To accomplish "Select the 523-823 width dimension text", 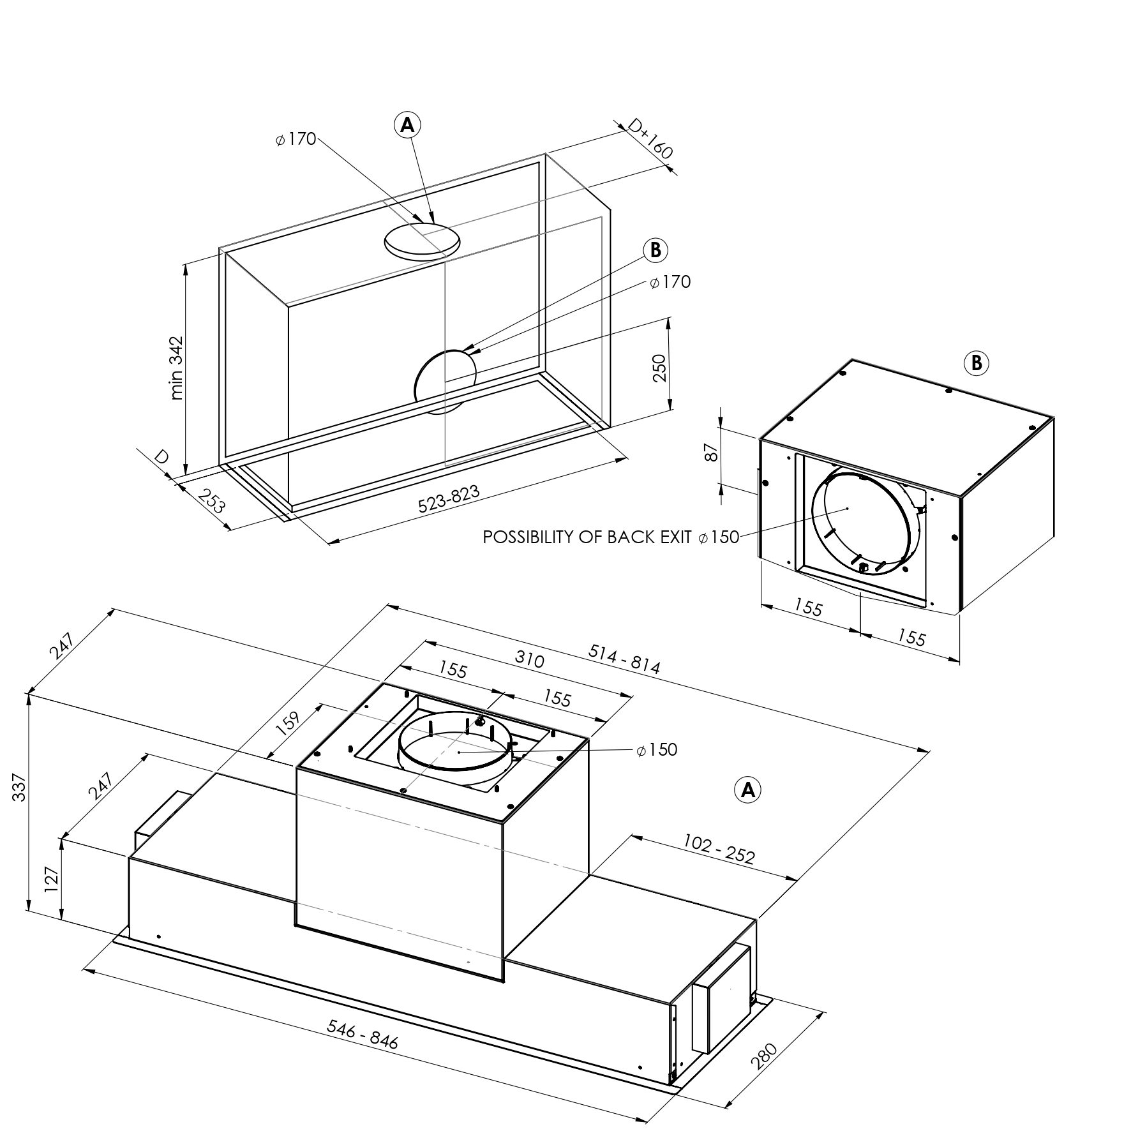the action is coord(448,498).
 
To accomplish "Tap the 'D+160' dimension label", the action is coord(650,140).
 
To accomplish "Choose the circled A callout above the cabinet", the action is coord(407,126).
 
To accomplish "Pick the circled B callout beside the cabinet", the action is coord(655,250).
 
